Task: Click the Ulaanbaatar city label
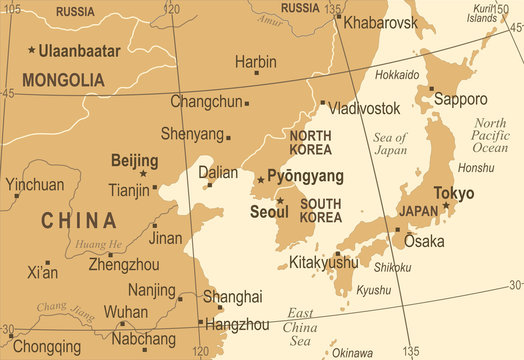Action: pyautogui.click(x=80, y=50)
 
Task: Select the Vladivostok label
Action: pyautogui.click(x=365, y=107)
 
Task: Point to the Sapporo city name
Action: pyautogui.click(x=460, y=99)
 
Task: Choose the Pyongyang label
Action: pyautogui.click(x=305, y=176)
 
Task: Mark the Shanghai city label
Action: pyautogui.click(x=232, y=296)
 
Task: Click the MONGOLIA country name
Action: pyautogui.click(x=62, y=79)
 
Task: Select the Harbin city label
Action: pyautogui.click(x=256, y=62)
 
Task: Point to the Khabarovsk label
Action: pyautogui.click(x=379, y=21)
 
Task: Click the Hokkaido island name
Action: pyautogui.click(x=397, y=75)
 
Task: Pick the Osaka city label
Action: pyautogui.click(x=424, y=241)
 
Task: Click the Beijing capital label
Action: pyautogui.click(x=134, y=160)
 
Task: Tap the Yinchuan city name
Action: pyautogui.click(x=34, y=185)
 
